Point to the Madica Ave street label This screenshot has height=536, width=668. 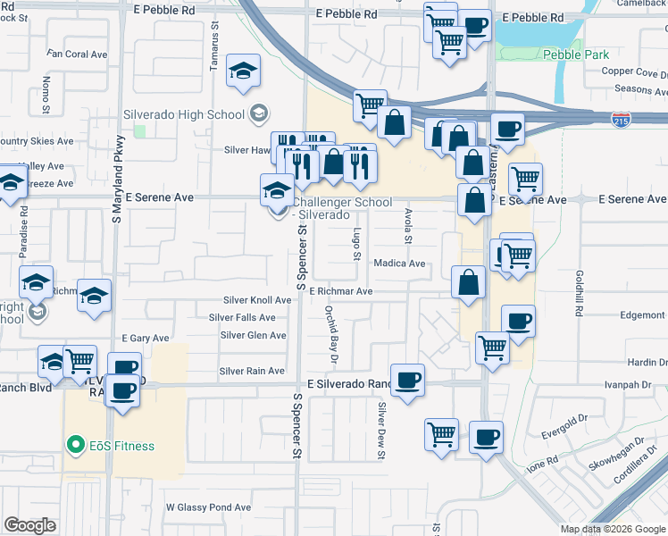399,264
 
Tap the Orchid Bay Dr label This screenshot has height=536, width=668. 330,334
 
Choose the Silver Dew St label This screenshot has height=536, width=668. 381,431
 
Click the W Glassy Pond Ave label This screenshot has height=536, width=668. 208,507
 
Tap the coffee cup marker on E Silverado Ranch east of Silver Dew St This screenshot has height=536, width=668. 407,380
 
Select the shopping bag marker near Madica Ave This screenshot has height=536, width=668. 468,284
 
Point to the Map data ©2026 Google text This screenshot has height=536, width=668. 613,529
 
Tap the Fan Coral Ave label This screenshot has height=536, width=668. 79,54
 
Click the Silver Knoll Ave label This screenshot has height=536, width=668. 257,300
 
